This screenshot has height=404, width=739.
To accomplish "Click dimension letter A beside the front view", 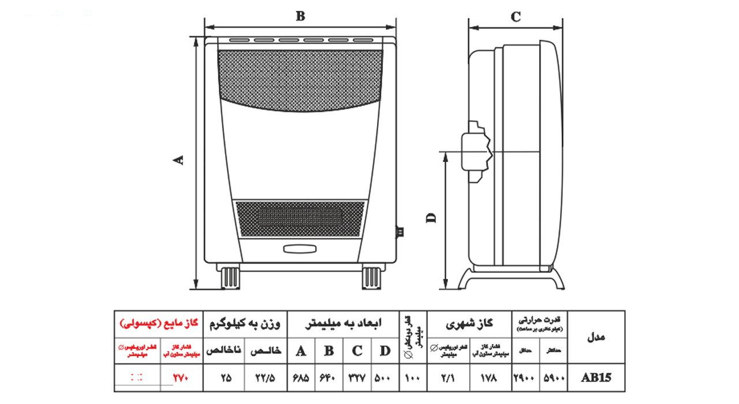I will [180, 160].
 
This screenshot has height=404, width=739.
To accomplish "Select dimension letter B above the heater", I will [300, 16].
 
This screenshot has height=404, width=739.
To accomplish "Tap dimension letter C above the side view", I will [516, 17].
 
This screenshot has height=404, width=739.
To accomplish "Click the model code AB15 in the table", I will [596, 379].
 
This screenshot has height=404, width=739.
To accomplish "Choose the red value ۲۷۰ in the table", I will [180, 379].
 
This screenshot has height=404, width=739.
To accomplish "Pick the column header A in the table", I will [301, 350].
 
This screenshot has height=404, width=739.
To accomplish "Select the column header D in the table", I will [385, 350].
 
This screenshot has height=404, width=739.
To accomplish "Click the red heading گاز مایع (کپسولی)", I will [158, 323].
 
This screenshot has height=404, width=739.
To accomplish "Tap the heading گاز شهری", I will [469, 324].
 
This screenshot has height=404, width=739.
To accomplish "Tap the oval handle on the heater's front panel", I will [300, 249].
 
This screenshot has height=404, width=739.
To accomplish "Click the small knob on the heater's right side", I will [398, 232].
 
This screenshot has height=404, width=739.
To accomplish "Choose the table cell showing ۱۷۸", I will [490, 379].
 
